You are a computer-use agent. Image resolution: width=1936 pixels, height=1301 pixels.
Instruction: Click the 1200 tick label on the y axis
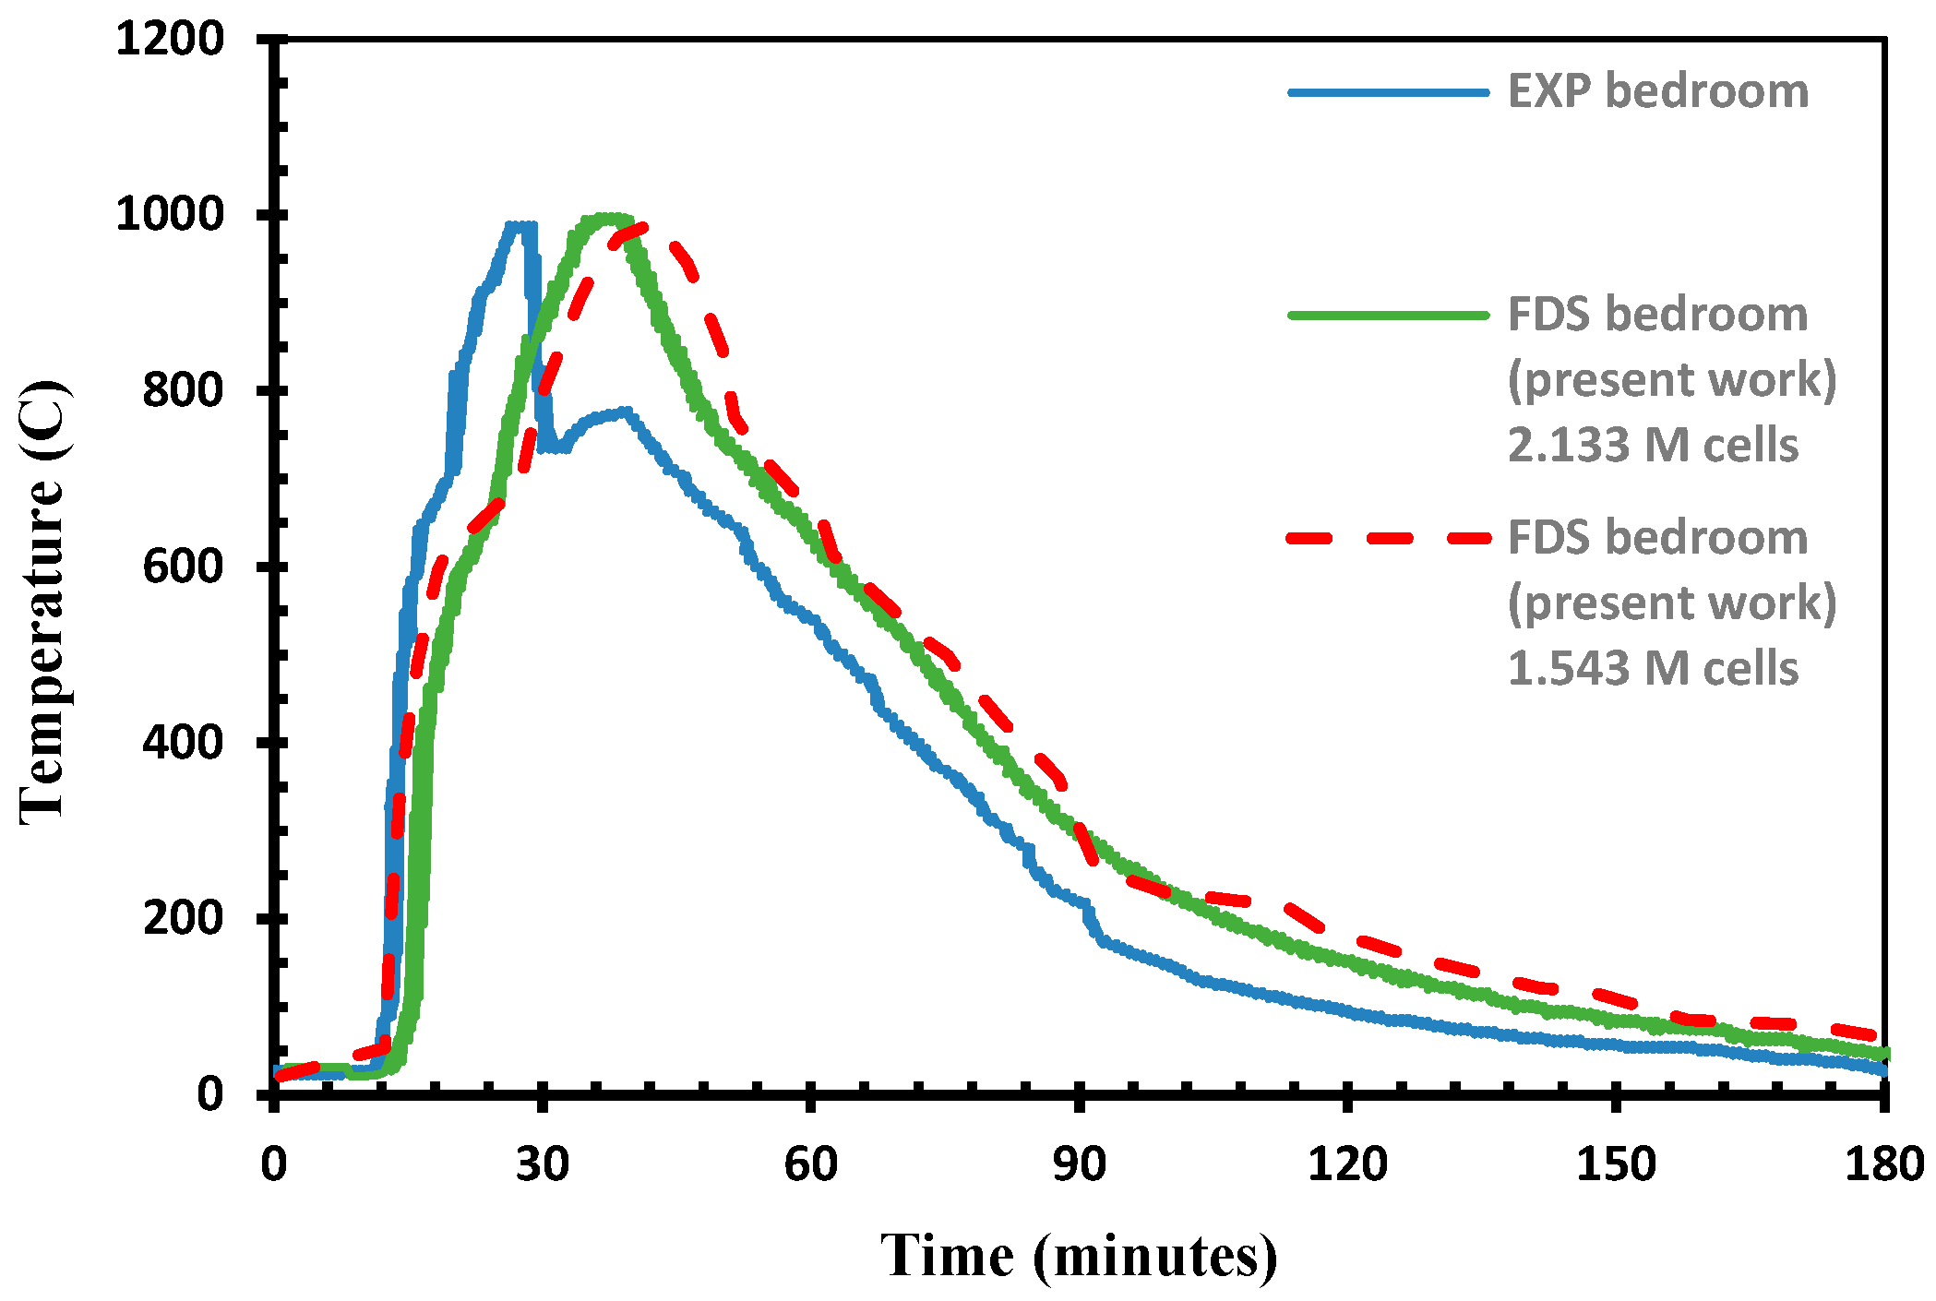[x=170, y=40]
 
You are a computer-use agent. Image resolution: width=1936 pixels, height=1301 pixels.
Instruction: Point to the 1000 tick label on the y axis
[x=170, y=215]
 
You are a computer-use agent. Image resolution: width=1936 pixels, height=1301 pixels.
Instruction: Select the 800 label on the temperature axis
[x=183, y=390]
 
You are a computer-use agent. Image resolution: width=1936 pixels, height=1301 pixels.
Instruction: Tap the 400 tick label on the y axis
[x=183, y=742]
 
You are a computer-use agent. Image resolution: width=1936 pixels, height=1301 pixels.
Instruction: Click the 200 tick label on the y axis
[x=183, y=918]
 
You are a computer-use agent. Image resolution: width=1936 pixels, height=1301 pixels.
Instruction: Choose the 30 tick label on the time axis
[x=542, y=1164]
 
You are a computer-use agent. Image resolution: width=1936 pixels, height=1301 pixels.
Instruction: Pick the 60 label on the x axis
[x=810, y=1164]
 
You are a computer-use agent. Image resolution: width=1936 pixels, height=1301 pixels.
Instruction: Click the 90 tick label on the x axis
[x=1079, y=1164]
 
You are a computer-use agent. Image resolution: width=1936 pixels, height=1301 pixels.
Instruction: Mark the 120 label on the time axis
[x=1347, y=1164]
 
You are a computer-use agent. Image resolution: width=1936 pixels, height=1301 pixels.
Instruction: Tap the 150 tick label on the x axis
[x=1616, y=1164]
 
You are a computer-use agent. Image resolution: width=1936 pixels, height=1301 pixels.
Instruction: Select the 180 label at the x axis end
[x=1883, y=1164]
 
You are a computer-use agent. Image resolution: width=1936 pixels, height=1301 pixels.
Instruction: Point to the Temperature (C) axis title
[x=43, y=600]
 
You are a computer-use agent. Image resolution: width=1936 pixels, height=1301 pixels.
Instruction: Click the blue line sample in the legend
[x=1389, y=92]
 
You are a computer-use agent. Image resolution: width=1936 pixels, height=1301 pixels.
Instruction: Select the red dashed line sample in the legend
[x=1389, y=538]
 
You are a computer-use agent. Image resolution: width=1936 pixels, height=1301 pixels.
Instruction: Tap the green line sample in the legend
[x=1389, y=316]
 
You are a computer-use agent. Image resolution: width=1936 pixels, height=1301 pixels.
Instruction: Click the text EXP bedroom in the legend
[x=1657, y=92]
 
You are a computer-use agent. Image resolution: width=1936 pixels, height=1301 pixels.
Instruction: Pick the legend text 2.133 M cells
[x=1653, y=446]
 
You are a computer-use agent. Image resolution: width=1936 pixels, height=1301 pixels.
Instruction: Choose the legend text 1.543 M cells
[x=1653, y=669]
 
